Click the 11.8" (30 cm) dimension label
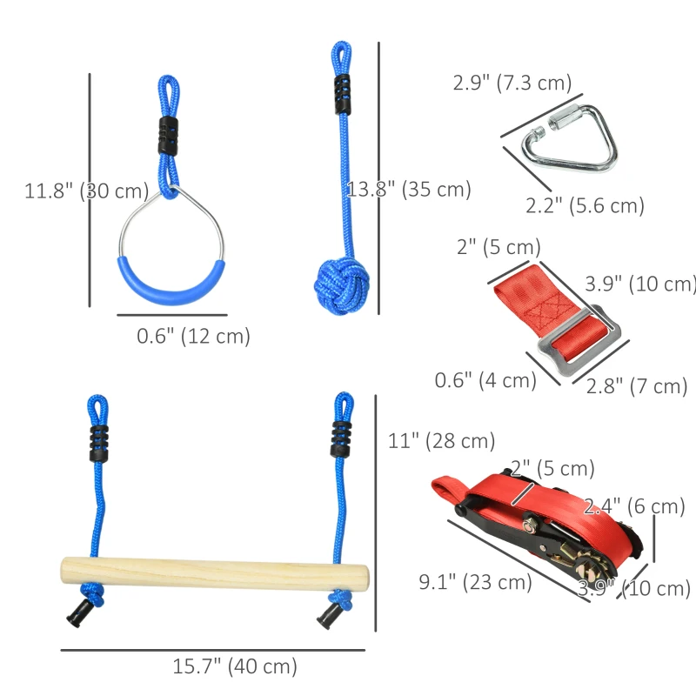(x=86, y=191)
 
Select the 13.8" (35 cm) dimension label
(x=409, y=189)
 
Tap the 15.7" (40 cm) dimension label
(x=235, y=667)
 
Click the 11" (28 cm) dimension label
(x=441, y=441)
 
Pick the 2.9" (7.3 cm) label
(x=512, y=84)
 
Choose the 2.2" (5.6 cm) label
(x=584, y=206)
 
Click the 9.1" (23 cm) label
(x=475, y=582)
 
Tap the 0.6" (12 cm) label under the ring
(x=193, y=336)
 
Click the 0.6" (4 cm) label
(x=485, y=380)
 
